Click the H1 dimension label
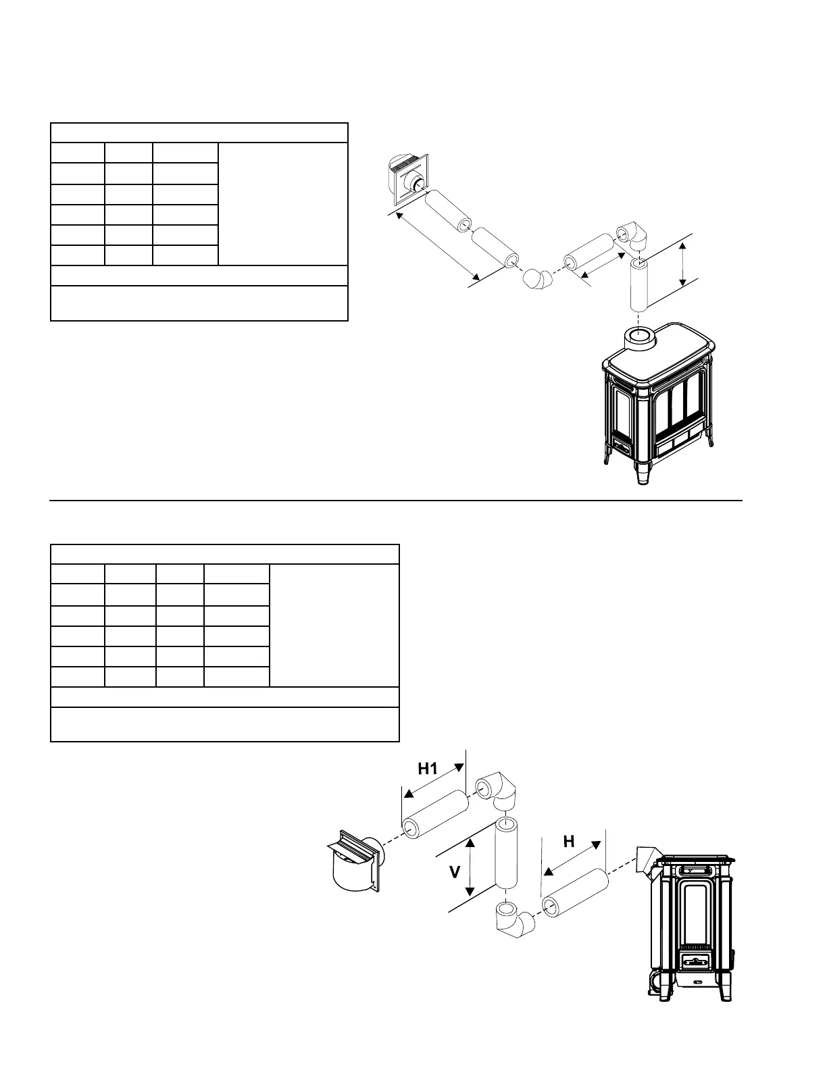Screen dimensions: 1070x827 (428, 768)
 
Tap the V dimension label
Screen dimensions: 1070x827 (455, 872)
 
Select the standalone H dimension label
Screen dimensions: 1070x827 (569, 841)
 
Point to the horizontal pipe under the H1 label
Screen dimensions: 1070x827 (435, 815)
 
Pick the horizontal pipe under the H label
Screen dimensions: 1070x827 (575, 894)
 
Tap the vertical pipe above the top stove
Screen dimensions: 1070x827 (638, 284)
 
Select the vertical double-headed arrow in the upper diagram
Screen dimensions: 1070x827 (684, 265)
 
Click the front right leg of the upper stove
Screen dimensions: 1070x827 (642, 473)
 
